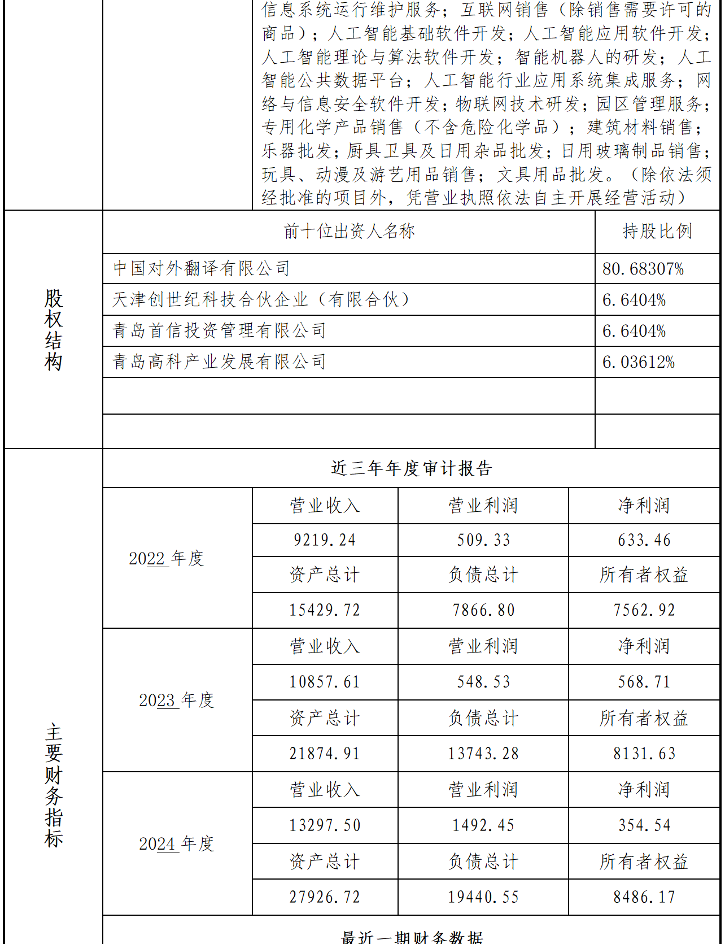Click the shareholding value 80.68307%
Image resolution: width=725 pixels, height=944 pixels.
(x=643, y=269)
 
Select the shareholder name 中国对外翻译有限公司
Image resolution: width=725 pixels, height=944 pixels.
(x=202, y=268)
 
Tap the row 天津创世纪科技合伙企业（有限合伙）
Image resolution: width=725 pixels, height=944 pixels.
(x=261, y=299)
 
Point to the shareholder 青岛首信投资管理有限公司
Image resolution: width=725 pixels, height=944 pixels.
(x=219, y=330)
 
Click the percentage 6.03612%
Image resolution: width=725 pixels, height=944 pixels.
(x=639, y=362)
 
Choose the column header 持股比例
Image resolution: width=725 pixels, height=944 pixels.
(x=657, y=231)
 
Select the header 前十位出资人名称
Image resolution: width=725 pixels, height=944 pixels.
(x=349, y=231)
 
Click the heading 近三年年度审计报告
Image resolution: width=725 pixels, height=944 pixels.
(x=411, y=468)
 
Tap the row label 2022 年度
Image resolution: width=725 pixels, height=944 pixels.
(x=166, y=559)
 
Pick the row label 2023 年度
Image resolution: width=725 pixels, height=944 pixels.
(x=177, y=701)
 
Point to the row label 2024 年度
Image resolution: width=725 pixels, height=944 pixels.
(x=177, y=844)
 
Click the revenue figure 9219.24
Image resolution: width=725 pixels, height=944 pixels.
(x=325, y=541)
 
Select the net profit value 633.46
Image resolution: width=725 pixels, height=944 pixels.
(x=644, y=541)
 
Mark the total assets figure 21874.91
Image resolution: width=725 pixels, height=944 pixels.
(x=325, y=754)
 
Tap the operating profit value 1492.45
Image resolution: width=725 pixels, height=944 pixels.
(x=483, y=825)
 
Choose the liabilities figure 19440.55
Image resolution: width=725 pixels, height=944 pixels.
(x=483, y=897)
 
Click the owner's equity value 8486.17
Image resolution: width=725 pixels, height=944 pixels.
(x=644, y=897)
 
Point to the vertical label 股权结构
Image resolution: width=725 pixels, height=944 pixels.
(x=54, y=330)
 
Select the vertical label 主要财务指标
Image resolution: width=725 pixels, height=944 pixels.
(x=54, y=785)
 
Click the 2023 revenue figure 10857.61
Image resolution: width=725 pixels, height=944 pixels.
(x=325, y=682)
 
